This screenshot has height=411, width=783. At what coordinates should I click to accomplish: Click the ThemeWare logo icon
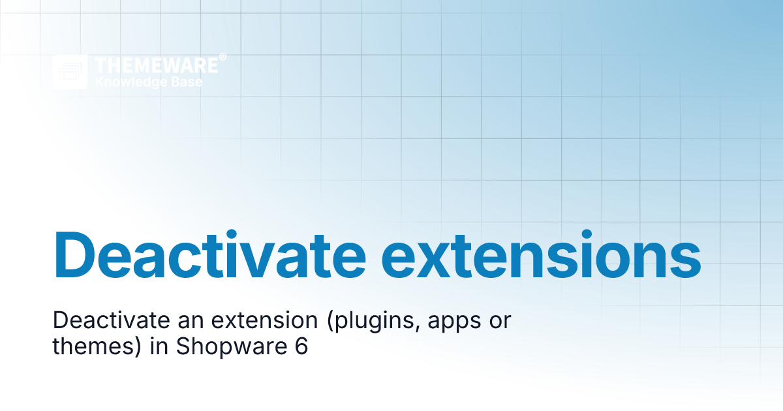[70, 72]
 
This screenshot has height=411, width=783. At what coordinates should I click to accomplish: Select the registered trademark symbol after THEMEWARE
[223, 57]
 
